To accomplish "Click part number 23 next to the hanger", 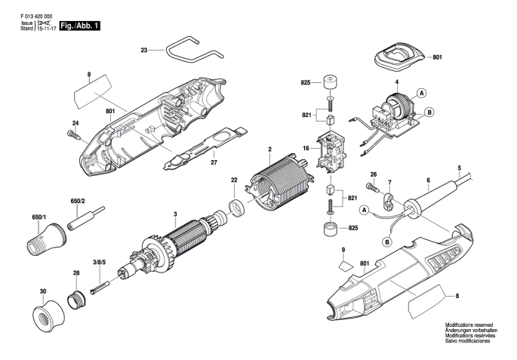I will point(144,51).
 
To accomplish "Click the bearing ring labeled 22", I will point(235,207).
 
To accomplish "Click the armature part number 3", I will point(174,214).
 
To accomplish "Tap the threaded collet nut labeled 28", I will point(75,290).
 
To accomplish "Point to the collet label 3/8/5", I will point(99,263).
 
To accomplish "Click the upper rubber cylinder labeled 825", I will point(330,82).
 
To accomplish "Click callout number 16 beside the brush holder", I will point(306,149).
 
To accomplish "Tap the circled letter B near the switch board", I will point(429,112).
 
